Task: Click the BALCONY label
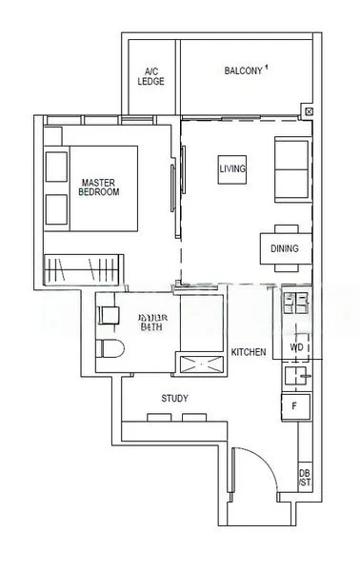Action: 244,70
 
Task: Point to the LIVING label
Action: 232,168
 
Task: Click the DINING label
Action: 284,249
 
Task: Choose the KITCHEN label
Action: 249,352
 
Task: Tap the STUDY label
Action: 174,399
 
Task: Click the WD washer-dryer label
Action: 296,348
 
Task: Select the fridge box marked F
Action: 295,406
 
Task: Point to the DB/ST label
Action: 305,477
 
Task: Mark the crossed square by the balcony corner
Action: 307,111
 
